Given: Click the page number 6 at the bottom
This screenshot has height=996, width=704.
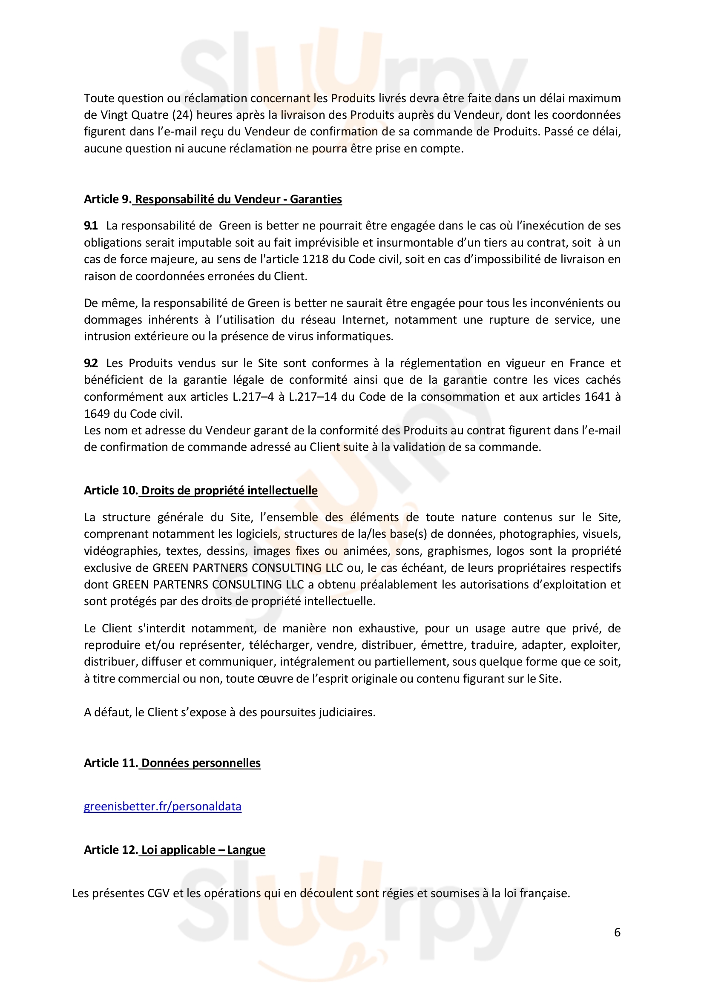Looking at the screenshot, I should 617,932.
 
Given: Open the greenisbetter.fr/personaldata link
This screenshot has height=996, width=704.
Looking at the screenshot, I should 162,807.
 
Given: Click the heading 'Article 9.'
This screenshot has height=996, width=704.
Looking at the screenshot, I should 107,199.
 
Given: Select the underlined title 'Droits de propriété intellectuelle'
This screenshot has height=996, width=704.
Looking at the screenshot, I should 230,491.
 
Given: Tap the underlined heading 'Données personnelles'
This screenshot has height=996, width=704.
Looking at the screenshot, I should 201,763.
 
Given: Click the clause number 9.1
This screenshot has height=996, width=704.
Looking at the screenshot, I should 91,226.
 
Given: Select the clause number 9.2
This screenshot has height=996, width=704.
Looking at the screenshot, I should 91,363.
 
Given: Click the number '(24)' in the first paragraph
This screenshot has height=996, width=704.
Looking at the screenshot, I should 182,115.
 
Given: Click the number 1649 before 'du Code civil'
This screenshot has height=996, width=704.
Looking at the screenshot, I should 96,414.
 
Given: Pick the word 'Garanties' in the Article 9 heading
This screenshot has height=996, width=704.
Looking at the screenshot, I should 316,199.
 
